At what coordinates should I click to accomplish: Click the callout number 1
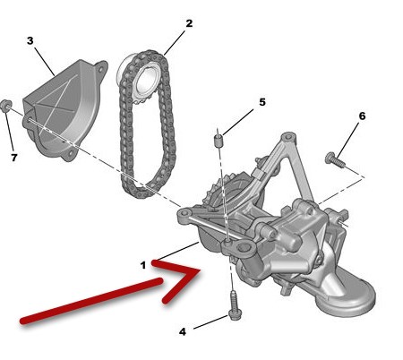143,265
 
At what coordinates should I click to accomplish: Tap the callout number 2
189,23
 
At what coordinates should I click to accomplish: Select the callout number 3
30,40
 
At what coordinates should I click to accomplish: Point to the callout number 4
183,331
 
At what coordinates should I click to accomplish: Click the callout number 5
262,102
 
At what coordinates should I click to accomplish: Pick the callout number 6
362,116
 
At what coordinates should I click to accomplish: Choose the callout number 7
14,158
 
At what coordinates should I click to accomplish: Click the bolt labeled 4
234,305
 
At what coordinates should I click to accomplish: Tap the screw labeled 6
335,159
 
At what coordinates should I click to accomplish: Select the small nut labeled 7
5,107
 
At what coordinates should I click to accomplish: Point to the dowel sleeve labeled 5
219,141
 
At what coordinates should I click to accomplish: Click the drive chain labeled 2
147,124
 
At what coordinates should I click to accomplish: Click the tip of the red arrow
199,270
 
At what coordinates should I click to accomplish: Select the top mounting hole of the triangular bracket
288,138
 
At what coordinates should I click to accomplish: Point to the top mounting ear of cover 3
101,69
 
